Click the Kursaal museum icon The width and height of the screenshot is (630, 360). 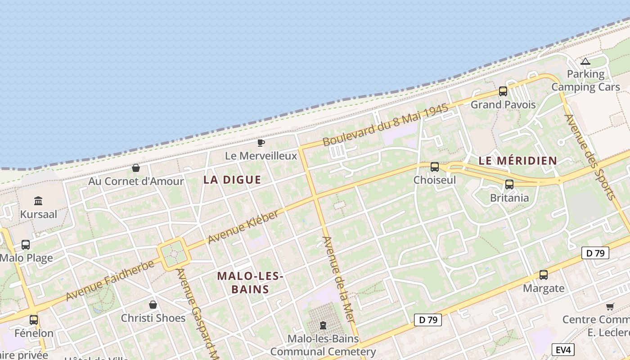pyautogui.click(x=38, y=201)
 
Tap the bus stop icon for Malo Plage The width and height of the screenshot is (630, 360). pyautogui.click(x=26, y=245)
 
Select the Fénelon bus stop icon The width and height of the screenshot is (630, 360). pyautogui.click(x=34, y=320)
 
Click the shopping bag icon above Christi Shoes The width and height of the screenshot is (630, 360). pyautogui.click(x=153, y=305)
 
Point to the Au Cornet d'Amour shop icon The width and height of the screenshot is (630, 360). pyautogui.click(x=136, y=168)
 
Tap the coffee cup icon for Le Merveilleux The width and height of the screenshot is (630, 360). pyautogui.click(x=261, y=143)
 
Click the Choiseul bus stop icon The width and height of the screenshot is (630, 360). pyautogui.click(x=435, y=167)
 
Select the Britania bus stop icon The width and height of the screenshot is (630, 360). pyautogui.click(x=509, y=184)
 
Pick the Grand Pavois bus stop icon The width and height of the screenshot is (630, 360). pyautogui.click(x=503, y=91)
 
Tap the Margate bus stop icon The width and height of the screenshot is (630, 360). pyautogui.click(x=544, y=275)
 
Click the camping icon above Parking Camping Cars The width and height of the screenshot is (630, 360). pyautogui.click(x=585, y=61)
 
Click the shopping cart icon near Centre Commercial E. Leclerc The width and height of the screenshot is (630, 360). pyautogui.click(x=610, y=307)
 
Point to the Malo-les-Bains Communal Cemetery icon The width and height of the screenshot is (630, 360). pyautogui.click(x=323, y=325)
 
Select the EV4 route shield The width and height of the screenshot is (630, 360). pyautogui.click(x=563, y=349)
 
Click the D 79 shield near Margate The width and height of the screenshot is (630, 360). pyautogui.click(x=595, y=253)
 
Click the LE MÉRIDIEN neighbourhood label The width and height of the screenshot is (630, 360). pyautogui.click(x=517, y=161)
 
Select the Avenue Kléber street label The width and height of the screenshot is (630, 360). pyautogui.click(x=243, y=226)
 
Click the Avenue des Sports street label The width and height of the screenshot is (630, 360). pyautogui.click(x=589, y=157)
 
